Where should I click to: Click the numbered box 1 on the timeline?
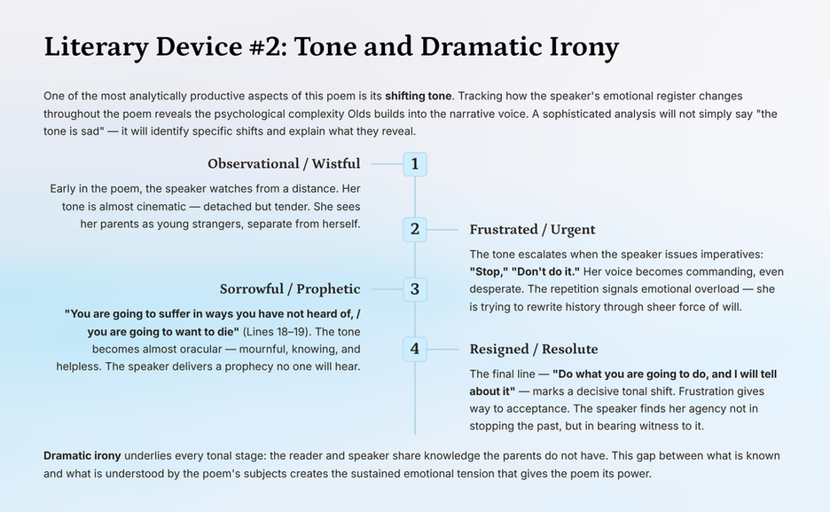pos(415,164)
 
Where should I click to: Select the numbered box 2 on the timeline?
pos(415,230)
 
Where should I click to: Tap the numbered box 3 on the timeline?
pos(415,289)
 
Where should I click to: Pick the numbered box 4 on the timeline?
pos(415,350)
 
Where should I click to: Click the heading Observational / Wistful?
pos(284,163)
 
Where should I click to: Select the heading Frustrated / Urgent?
pos(532,229)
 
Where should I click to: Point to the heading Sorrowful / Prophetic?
pos(290,289)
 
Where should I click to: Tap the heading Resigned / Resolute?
pos(534,349)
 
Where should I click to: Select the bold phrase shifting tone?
pos(419,97)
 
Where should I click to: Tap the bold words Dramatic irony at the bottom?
pos(82,456)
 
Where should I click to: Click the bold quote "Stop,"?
pos(489,272)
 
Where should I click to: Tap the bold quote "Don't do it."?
pos(545,272)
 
